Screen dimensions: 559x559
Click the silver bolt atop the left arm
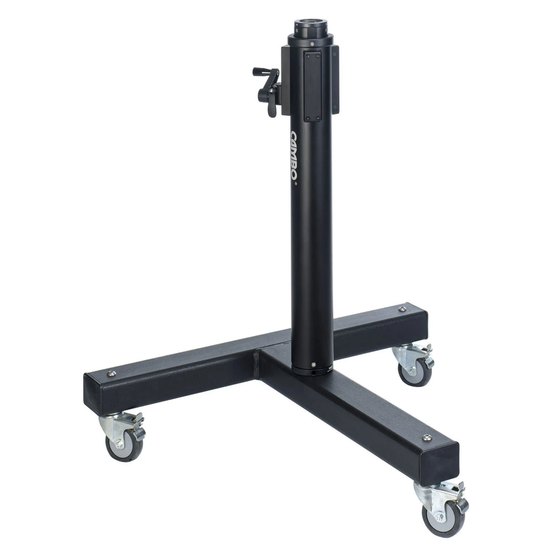(112, 372)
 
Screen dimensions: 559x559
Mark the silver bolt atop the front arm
(427, 438)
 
